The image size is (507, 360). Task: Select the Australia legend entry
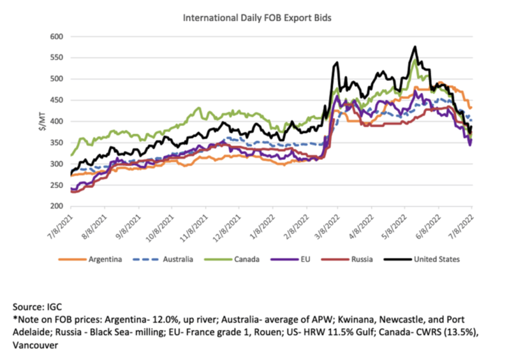177,259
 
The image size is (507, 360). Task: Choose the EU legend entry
305,259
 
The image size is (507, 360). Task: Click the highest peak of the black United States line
415,47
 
